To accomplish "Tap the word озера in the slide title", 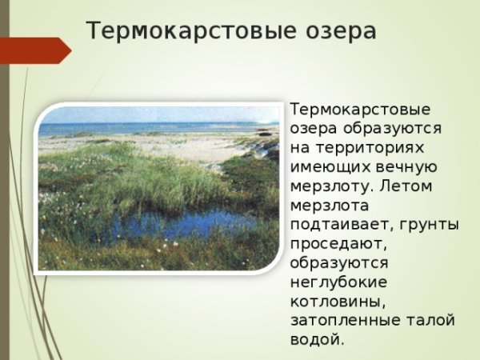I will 338,31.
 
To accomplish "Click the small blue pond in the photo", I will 172,224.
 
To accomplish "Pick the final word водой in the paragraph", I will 315,339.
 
